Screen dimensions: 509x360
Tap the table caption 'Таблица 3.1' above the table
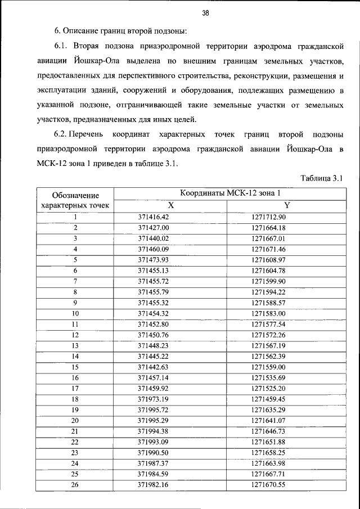[x=322, y=178]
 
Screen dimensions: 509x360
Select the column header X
[x=170, y=206]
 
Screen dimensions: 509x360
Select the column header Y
[x=287, y=206]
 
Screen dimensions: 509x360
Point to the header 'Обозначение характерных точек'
[x=75, y=200]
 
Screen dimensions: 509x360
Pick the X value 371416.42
[x=154, y=217]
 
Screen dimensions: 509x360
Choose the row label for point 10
[x=75, y=313]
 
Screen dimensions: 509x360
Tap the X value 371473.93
[x=154, y=260]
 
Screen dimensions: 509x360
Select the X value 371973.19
[x=154, y=399]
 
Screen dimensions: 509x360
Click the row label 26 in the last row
[x=75, y=484]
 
